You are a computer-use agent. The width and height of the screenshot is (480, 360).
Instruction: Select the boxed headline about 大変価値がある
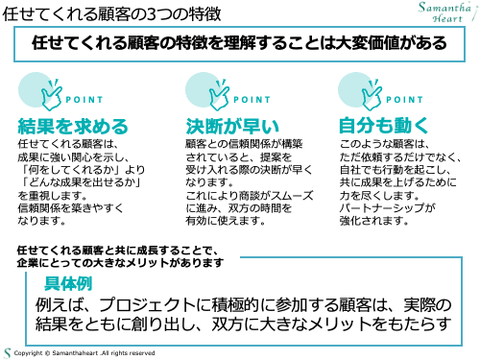pyautogui.click(x=240, y=44)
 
